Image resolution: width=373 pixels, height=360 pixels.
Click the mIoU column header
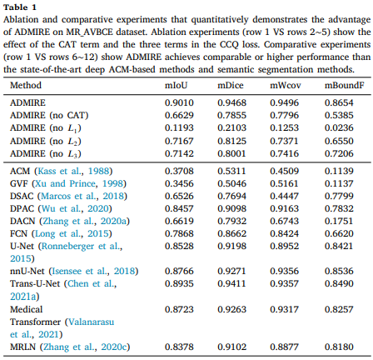[177, 85]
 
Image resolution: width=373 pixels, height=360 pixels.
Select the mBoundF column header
[344, 85]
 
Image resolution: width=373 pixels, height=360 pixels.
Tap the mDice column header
[231, 85]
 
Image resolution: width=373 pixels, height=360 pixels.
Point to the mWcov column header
[286, 85]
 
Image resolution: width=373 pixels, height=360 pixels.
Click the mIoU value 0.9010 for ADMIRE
[179, 102]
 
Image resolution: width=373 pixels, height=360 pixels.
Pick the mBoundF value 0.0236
[339, 127]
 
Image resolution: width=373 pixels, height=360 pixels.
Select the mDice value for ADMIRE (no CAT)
[231, 115]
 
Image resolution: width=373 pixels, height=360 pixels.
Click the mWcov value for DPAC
[284, 208]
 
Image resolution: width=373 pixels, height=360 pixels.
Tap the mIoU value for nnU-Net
[179, 271]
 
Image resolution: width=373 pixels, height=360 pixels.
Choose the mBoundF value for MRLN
[339, 347]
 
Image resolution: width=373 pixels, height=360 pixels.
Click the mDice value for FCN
[231, 233]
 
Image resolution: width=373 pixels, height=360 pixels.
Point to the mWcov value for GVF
[284, 183]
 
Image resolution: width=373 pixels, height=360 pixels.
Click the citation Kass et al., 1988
[73, 171]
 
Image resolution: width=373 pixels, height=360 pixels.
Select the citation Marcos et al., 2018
[82, 196]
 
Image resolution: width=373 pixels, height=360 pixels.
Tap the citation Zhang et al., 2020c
[85, 347]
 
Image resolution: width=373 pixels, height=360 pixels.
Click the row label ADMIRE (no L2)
[46, 141]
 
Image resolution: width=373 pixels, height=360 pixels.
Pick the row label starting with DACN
[70, 221]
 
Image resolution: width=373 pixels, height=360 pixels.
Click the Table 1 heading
[20, 7]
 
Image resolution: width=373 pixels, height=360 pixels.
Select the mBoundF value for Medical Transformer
[339, 309]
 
